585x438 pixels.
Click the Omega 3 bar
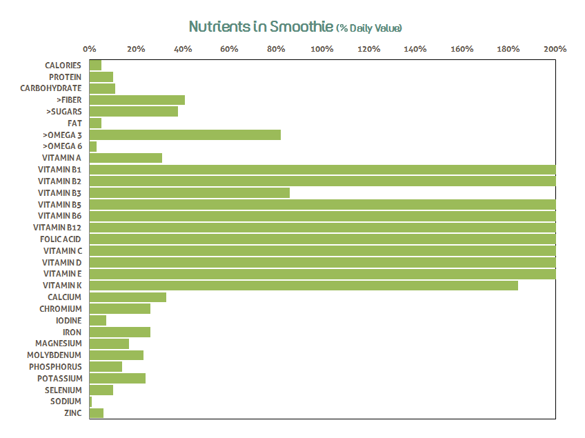tap(185, 135)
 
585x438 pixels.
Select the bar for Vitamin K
tap(304, 286)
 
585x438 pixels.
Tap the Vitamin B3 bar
tap(190, 192)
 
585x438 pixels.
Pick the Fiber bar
tap(137, 100)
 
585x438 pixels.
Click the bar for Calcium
tap(128, 297)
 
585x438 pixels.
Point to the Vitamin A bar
tap(126, 158)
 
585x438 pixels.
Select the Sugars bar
tap(134, 112)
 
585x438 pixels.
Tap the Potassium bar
tap(117, 378)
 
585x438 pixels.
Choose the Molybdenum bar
tap(117, 355)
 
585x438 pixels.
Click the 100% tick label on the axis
tap(322, 49)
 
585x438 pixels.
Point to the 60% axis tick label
tap(229, 49)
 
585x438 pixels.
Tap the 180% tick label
tap(508, 49)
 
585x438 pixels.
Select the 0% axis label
tap(90, 49)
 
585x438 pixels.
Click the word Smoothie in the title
tap(301, 27)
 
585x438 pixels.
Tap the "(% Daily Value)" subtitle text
tap(369, 28)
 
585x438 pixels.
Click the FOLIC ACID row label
tap(61, 239)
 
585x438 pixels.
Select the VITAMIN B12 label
tap(57, 228)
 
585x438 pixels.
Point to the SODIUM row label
tap(66, 401)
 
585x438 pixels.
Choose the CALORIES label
tap(63, 66)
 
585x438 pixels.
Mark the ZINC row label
tap(72, 413)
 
